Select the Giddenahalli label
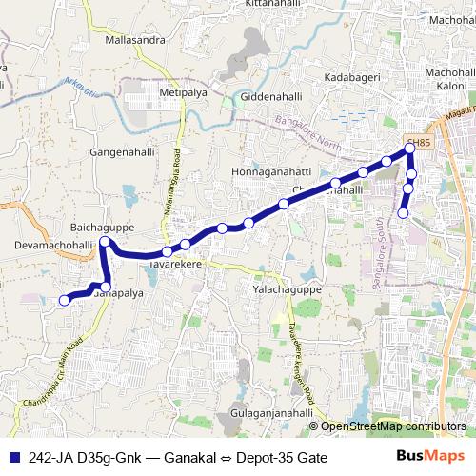click(x=271, y=97)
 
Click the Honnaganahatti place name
click(x=272, y=171)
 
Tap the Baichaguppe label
click(x=102, y=229)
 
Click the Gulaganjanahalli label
click(x=271, y=417)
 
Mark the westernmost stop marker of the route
click(x=65, y=301)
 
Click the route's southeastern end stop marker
click(x=403, y=213)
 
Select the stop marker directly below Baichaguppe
click(x=105, y=243)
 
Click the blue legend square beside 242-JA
click(x=15, y=457)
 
